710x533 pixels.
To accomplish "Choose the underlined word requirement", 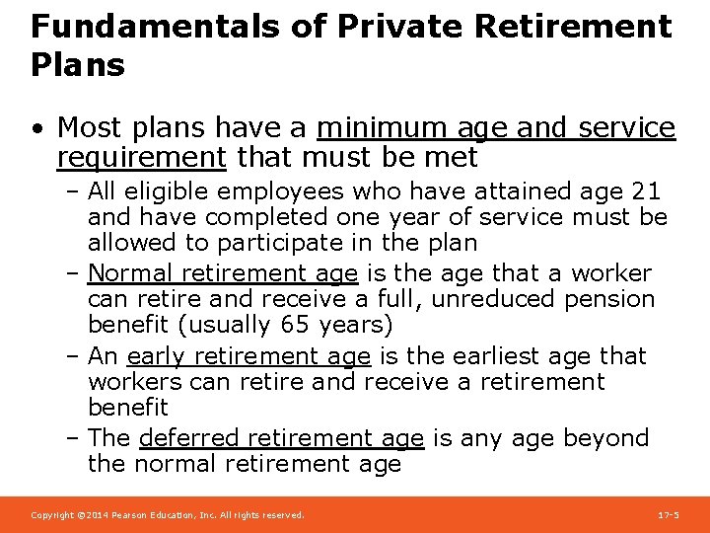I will [x=142, y=157].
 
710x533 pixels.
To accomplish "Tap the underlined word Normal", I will [x=128, y=273].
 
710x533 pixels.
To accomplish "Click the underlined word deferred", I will [x=189, y=437].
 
